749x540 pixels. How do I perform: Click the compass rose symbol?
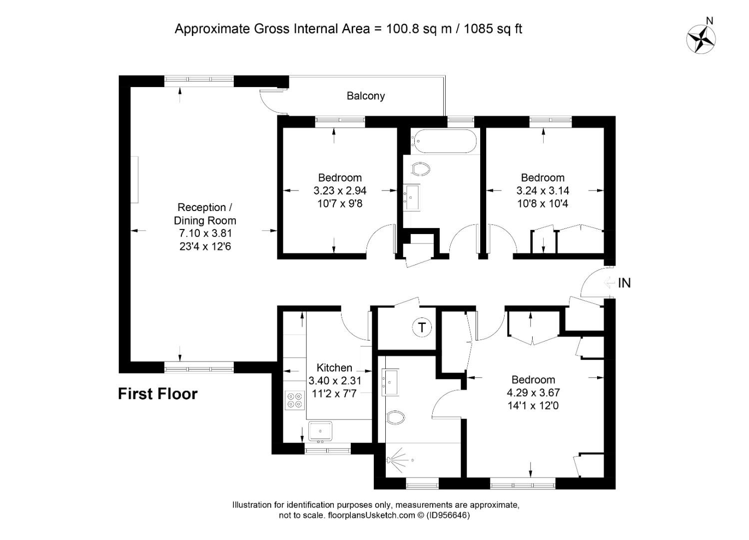[x=701, y=39]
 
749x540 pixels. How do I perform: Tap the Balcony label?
[x=365, y=96]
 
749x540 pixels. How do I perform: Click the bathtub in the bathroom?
[x=444, y=141]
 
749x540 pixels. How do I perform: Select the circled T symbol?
[x=422, y=327]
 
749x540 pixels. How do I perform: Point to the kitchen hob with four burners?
[x=295, y=400]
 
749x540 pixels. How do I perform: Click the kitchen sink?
[x=320, y=431]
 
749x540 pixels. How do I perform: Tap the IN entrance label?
[x=624, y=283]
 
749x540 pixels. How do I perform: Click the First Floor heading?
[x=158, y=394]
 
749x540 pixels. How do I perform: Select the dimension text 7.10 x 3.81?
[x=205, y=233]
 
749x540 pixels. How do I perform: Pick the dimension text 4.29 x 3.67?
[x=533, y=392]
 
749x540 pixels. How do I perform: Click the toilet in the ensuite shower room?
[x=396, y=418]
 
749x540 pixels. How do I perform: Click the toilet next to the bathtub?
[x=421, y=169]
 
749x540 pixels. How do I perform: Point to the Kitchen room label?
[x=334, y=367]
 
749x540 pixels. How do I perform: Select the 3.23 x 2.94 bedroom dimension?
[x=340, y=190]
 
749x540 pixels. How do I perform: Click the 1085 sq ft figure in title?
[x=493, y=29]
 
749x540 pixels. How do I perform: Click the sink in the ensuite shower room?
[x=390, y=382]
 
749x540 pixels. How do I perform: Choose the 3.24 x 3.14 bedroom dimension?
[x=543, y=190]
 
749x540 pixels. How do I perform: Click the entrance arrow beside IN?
[x=609, y=283]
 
